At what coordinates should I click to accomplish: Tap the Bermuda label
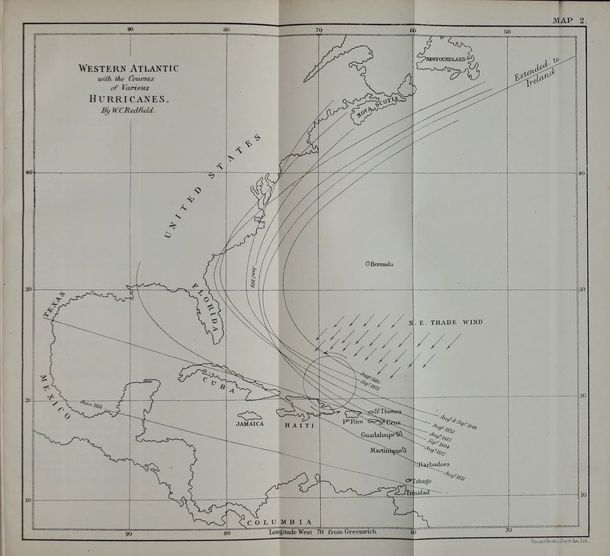(382, 264)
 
